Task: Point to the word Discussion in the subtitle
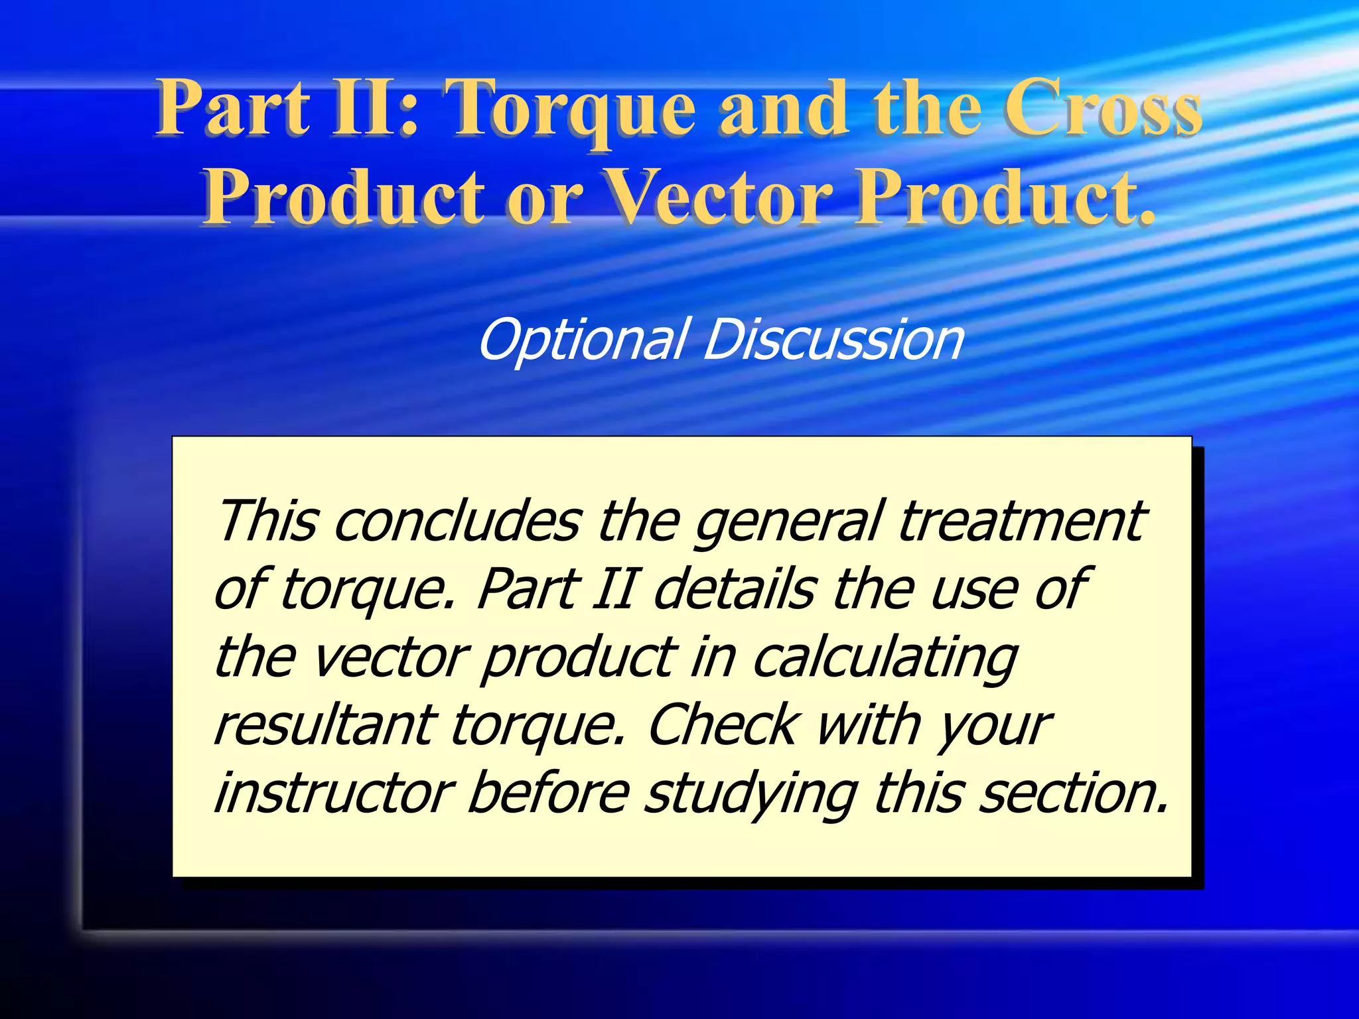point(833,340)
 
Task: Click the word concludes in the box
point(458,521)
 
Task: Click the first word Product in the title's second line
point(344,197)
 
